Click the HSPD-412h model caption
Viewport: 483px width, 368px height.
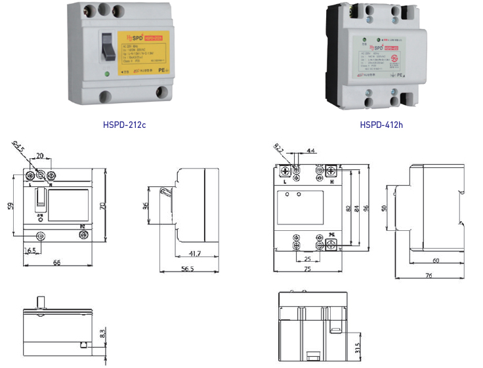pos(381,124)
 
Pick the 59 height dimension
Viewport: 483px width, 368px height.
pos(11,206)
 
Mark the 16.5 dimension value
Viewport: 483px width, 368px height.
pos(30,251)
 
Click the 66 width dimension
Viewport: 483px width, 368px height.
pos(57,262)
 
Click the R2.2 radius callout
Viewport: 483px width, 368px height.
pos(278,148)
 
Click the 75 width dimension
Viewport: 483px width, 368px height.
pos(307,268)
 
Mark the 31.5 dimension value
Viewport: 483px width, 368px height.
pos(358,346)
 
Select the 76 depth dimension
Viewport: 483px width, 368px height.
pos(428,276)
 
